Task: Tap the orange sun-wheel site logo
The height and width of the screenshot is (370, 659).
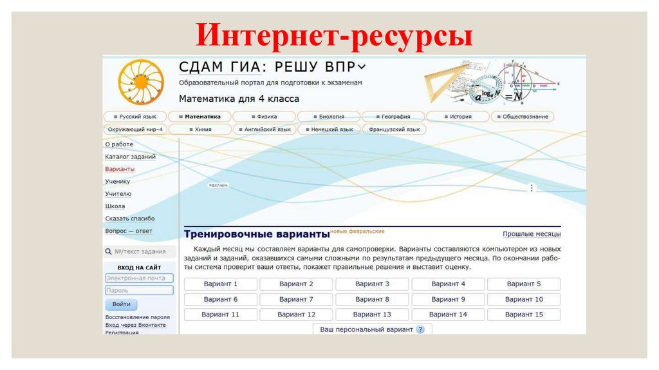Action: [x=141, y=82]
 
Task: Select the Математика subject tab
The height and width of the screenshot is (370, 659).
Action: [x=200, y=117]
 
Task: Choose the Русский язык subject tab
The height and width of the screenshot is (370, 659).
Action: [x=135, y=117]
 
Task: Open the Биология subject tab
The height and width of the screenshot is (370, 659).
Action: [x=329, y=117]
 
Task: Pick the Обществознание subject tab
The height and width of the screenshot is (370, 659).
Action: [x=523, y=117]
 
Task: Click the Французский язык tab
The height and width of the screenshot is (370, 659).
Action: [x=394, y=130]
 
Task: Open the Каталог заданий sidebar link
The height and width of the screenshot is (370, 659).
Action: [x=130, y=157]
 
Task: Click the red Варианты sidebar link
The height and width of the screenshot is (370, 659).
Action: [x=120, y=169]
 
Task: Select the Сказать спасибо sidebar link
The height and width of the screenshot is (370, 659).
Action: [x=130, y=219]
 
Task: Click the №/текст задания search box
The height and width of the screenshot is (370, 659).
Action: [x=140, y=251]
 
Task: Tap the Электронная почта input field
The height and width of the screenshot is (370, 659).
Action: [x=139, y=278]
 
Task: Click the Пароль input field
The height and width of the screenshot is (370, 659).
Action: [x=139, y=291]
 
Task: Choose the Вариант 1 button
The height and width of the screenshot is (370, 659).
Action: [x=221, y=284]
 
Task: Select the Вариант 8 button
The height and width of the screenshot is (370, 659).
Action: [x=372, y=299]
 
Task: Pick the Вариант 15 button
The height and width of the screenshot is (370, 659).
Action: [x=524, y=315]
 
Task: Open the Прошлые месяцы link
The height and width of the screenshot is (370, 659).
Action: [x=532, y=234]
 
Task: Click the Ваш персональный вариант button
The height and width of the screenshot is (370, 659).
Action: [x=372, y=329]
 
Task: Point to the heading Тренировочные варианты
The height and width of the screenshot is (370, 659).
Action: [x=256, y=234]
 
